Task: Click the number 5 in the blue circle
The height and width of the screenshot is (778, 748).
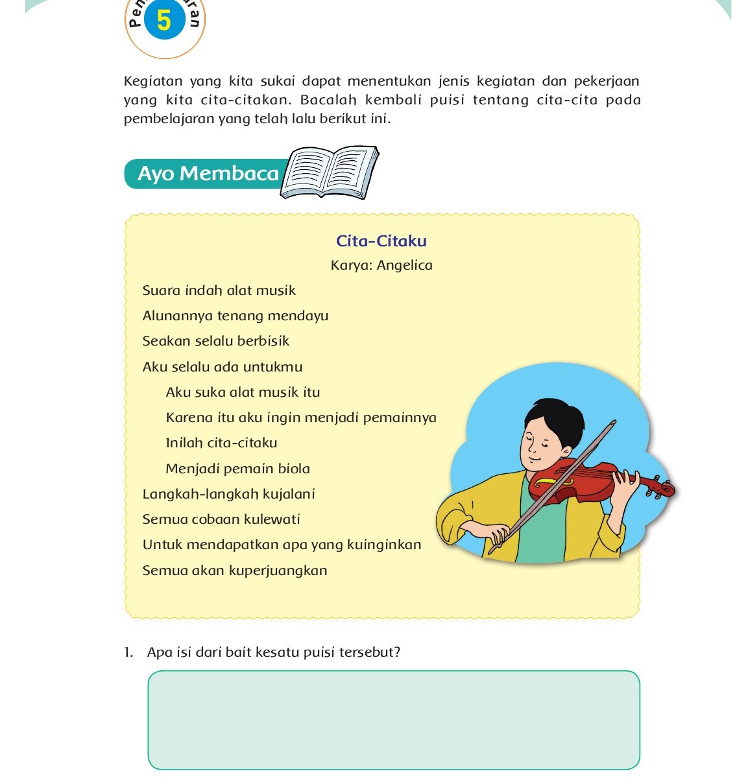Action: pos(164,20)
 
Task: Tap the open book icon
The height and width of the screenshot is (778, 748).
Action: pos(330,172)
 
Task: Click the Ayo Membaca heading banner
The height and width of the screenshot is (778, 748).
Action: pos(208,174)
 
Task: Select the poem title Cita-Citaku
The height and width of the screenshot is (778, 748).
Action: pos(381,241)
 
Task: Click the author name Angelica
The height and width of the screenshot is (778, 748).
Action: pos(404,265)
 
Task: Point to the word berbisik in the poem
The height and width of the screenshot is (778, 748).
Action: pos(263,341)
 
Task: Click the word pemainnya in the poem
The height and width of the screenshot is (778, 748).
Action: pos(400,418)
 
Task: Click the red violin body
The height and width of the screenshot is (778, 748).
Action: pos(571,480)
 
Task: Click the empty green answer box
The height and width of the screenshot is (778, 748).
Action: pos(394,720)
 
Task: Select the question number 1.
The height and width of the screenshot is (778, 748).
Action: pos(128,652)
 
